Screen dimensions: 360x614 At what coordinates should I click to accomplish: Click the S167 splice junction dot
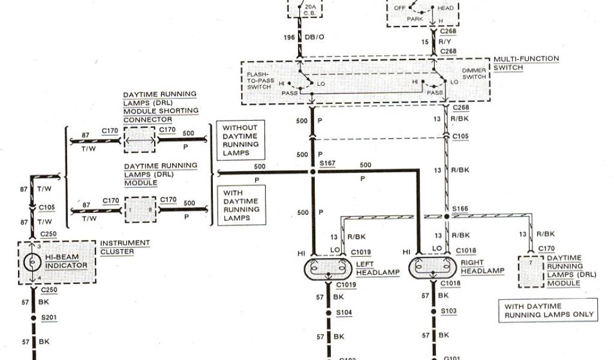pyautogui.click(x=312, y=172)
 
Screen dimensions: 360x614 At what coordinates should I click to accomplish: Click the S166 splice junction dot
pyautogui.click(x=447, y=215)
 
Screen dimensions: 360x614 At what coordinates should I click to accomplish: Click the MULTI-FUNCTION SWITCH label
pyautogui.click(x=526, y=63)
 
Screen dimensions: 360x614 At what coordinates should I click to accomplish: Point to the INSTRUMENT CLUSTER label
pyautogui.click(x=125, y=247)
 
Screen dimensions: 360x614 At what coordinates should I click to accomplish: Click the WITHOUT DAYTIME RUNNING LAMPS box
pyautogui.click(x=240, y=140)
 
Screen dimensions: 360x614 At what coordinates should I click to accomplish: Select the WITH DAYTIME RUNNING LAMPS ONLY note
pyautogui.click(x=549, y=310)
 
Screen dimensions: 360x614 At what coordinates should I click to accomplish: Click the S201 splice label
pyautogui.click(x=47, y=317)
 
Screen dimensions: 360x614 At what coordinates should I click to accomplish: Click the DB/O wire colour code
pyautogui.click(x=314, y=37)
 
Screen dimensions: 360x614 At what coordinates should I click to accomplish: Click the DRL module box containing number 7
pyautogui.click(x=529, y=270)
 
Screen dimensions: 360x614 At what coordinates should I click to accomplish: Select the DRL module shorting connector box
pyautogui.click(x=139, y=140)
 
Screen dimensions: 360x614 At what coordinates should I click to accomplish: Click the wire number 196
pyautogui.click(x=289, y=37)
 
